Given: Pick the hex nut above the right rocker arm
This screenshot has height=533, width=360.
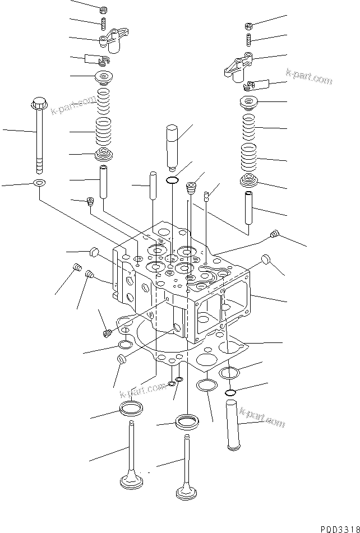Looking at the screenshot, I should [x=248, y=25].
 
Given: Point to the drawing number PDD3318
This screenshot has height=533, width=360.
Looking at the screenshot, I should [x=339, y=528].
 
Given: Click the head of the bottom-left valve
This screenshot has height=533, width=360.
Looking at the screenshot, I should [x=132, y=481].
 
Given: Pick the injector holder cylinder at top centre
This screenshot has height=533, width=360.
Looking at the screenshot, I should [x=173, y=146].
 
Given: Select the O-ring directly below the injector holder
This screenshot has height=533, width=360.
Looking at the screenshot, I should [x=173, y=180].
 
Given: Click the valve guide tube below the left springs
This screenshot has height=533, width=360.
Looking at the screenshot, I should [x=104, y=181].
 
